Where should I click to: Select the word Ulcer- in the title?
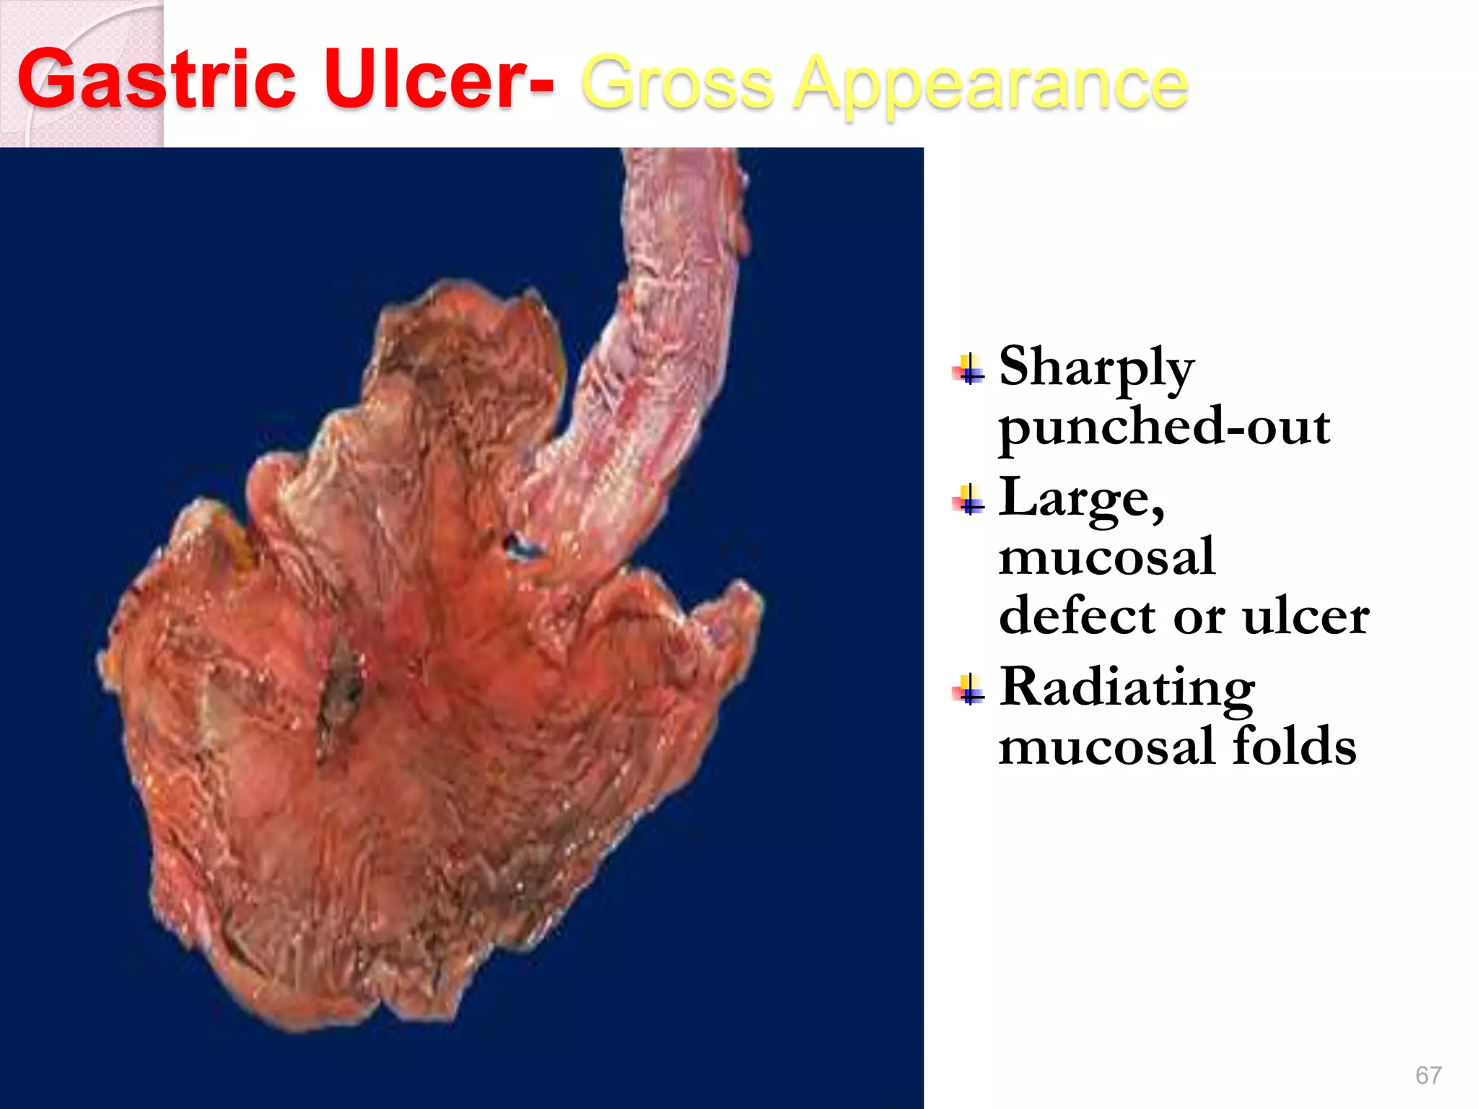[439, 79]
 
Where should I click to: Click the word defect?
[1077, 617]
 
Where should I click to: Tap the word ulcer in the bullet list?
[1306, 618]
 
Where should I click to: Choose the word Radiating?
[1127, 687]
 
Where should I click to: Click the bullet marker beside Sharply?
[968, 369]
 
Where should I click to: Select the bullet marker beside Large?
[968, 499]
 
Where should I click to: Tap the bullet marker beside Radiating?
[968, 689]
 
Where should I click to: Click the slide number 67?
[1428, 1075]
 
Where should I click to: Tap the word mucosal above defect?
[1107, 558]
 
